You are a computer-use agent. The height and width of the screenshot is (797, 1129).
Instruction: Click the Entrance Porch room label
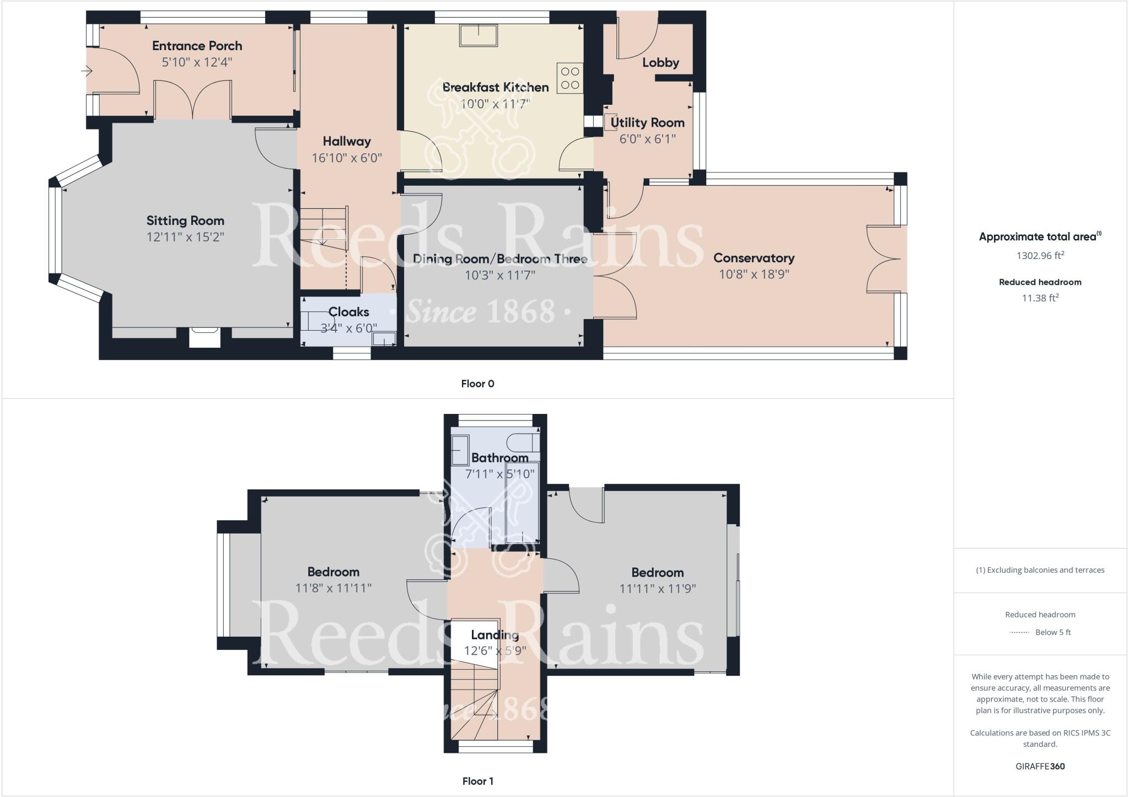coord(197,46)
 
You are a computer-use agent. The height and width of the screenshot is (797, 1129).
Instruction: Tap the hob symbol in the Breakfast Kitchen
coord(570,78)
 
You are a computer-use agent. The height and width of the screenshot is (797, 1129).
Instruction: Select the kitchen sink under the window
coord(478,35)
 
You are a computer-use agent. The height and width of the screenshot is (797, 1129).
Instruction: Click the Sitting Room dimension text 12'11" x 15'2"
coord(185,237)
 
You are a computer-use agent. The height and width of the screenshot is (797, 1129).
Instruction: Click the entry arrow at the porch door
coord(87,71)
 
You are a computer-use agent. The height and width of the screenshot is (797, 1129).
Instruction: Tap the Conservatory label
coord(754,258)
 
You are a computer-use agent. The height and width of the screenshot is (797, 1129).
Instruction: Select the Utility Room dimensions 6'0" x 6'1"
coord(647,139)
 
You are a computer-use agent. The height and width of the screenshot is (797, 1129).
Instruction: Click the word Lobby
coord(660,63)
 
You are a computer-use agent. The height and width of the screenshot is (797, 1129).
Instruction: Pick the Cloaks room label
coord(348,312)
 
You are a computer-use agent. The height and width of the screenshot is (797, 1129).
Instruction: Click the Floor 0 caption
coord(477,384)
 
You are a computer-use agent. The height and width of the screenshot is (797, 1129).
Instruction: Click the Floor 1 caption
coord(477,781)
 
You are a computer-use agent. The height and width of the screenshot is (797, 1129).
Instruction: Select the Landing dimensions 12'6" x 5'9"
coord(494,651)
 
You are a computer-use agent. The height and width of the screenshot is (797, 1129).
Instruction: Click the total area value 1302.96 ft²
coord(1040,256)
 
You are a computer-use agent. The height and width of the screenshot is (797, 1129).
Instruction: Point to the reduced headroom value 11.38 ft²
coord(1040,298)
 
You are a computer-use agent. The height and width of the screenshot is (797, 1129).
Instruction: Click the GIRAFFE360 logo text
coord(1040,766)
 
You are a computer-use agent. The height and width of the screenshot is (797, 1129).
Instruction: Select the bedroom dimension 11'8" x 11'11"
coord(333,588)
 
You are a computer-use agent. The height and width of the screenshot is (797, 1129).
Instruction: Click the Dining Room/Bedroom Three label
coord(499,259)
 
